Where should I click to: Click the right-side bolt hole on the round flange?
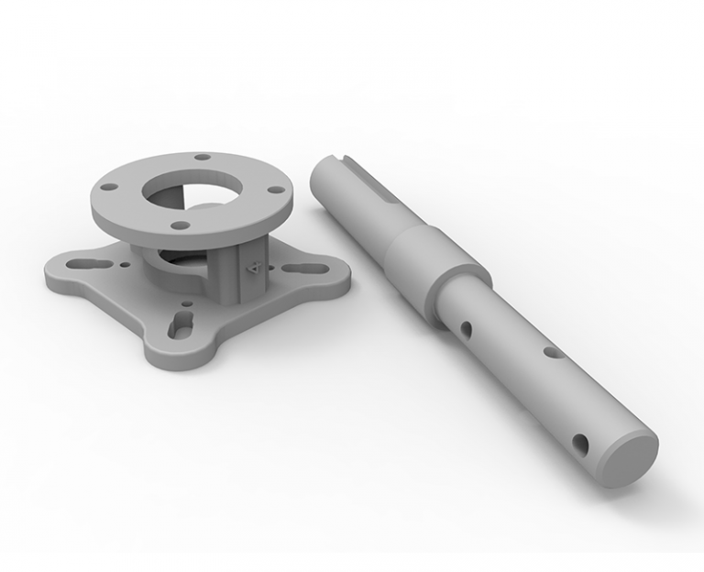click(x=272, y=191)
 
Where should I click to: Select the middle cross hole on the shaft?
click(x=549, y=350)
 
